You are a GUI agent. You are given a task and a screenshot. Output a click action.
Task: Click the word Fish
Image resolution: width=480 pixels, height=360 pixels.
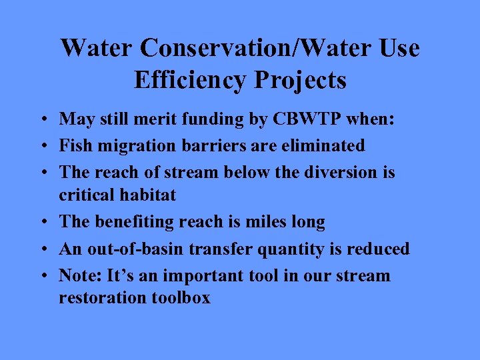pos(74,145)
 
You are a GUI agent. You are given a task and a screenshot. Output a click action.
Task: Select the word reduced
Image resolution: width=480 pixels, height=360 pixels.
pos(379,249)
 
